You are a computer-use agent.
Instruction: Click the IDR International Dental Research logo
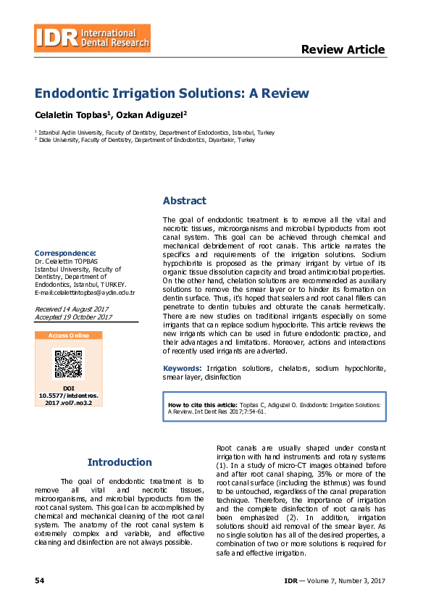[93, 38]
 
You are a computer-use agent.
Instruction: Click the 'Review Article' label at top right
[343, 50]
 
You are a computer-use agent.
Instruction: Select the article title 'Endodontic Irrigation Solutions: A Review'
[172, 94]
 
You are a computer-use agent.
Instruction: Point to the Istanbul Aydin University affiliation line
[154, 133]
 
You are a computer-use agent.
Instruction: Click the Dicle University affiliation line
[145, 140]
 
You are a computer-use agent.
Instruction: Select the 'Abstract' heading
[184, 201]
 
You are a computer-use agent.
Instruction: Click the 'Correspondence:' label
[65, 252]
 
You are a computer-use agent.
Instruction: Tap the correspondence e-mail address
[85, 293]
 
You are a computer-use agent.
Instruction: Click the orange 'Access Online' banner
[69, 335]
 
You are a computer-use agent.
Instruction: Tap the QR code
[69, 364]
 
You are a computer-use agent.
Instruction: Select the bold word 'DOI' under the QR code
[69, 388]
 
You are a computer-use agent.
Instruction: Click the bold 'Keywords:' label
[183, 369]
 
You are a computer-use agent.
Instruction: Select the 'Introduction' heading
[120, 462]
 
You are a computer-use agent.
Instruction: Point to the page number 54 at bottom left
[40, 581]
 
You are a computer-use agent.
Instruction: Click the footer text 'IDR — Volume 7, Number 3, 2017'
[335, 581]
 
